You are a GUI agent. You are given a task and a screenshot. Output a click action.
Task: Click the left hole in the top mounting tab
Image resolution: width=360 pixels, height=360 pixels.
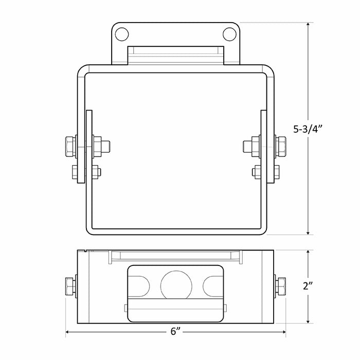pyautogui.click(x=121, y=34)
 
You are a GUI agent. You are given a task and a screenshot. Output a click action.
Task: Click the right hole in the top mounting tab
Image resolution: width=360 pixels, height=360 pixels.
pyautogui.click(x=229, y=34)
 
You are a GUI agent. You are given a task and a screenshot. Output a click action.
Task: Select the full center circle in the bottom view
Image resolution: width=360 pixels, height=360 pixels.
pyautogui.click(x=175, y=285)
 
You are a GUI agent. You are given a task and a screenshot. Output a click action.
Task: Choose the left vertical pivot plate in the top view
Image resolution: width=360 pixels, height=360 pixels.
pyautogui.click(x=88, y=148)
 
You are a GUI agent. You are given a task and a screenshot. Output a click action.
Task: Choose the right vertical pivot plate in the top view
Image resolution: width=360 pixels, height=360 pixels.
pyautogui.click(x=264, y=148)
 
